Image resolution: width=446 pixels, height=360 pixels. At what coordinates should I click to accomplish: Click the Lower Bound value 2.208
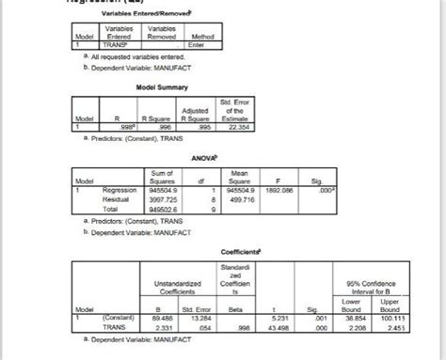(380, 326)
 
